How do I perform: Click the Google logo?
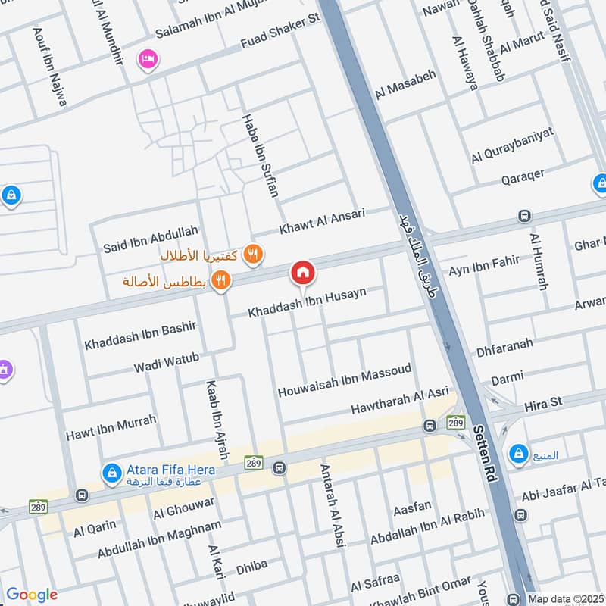[x=32, y=595]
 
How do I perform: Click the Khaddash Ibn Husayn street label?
[x=318, y=303]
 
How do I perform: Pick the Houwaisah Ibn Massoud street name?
[x=345, y=381]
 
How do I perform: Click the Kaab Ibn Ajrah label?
[x=217, y=421]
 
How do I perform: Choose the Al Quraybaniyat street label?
[x=512, y=145]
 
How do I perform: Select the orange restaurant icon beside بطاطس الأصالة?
[x=221, y=280]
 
